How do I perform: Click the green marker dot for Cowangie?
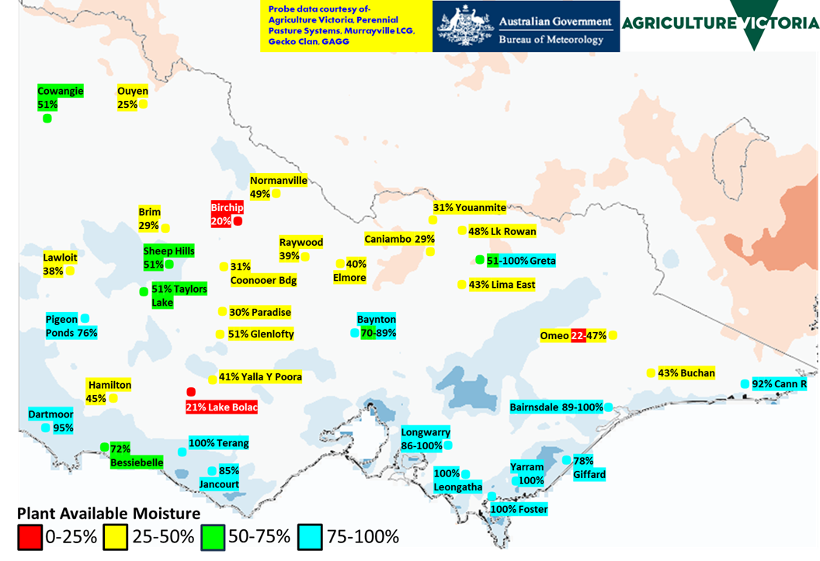click(47, 119)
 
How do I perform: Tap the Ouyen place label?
click(132, 91)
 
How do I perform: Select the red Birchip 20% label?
click(221, 214)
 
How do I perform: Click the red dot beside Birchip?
click(238, 221)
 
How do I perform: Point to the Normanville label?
click(279, 181)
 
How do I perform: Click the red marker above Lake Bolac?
click(191, 392)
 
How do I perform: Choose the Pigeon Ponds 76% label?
click(71, 326)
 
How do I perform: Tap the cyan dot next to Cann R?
click(745, 384)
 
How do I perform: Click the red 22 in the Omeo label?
click(578, 336)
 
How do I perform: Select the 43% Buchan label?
click(686, 373)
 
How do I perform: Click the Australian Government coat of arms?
click(465, 26)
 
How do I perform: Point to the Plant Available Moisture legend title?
click(109, 514)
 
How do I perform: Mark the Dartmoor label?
click(51, 414)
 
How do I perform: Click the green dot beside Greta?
click(479, 260)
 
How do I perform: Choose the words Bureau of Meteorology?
click(551, 40)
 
